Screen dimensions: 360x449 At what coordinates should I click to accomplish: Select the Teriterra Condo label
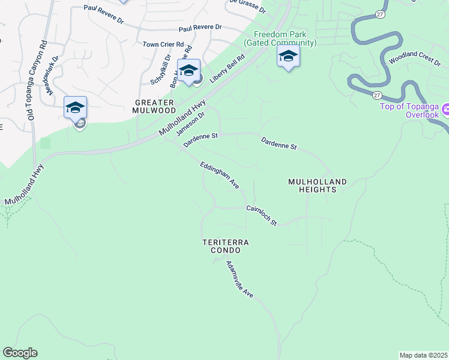coord(225,245)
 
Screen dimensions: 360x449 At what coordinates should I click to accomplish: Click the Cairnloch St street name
coord(261,216)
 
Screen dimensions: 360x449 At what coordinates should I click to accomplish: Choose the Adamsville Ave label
coord(240,279)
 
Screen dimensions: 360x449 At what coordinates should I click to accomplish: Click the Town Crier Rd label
coord(163,44)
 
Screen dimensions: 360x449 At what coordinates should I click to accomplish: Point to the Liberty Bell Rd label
coord(228,70)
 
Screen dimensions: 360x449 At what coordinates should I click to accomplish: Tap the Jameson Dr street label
coord(194,122)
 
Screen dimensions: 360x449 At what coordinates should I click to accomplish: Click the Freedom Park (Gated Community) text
coord(280,39)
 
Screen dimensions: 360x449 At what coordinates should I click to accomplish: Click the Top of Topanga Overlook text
coord(409,110)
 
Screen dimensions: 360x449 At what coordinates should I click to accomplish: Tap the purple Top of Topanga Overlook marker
coord(446,110)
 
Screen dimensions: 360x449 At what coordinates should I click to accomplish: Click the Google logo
coord(20,353)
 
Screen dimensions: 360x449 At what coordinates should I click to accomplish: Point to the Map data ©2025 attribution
coord(423,355)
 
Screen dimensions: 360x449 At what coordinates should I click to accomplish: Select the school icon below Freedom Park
coord(288,57)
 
